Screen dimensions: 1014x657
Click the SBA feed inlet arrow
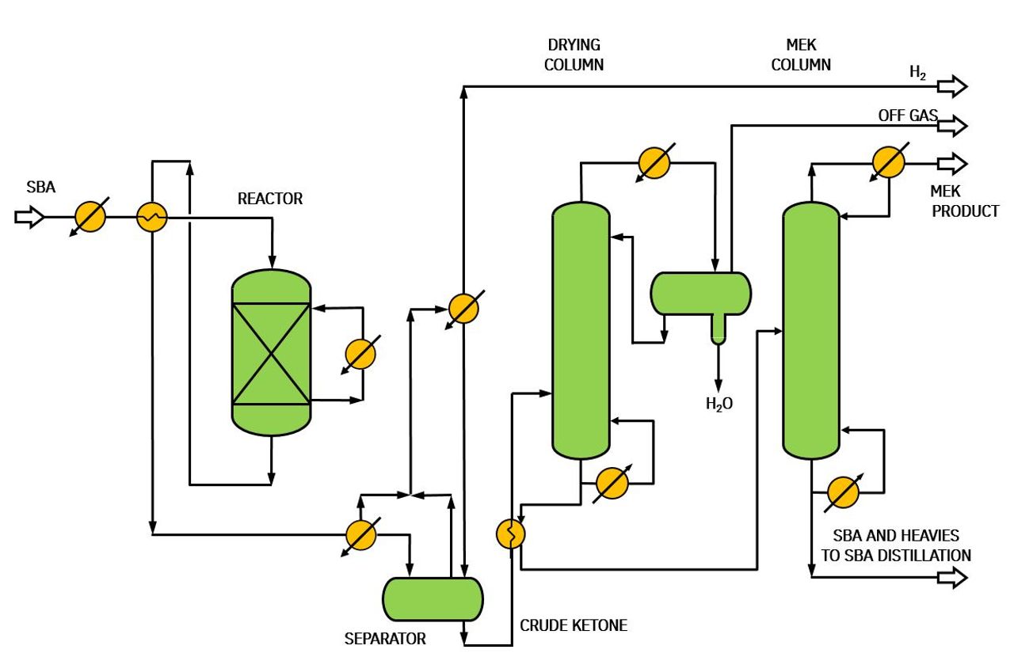29,217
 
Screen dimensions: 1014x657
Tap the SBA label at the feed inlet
40,187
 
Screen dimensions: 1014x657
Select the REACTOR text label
270,199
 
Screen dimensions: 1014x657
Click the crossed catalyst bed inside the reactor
271,353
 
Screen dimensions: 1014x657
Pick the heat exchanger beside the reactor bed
360,355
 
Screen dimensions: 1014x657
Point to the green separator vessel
433,599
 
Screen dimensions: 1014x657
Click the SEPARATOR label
385,639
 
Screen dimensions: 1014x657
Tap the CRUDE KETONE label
574,625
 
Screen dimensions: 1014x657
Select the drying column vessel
581,330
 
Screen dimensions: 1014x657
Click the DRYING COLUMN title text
574,55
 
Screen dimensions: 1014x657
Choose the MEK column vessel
811,330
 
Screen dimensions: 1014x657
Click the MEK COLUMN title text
801,55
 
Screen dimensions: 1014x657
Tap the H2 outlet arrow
952,86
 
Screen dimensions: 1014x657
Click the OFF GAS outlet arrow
952,125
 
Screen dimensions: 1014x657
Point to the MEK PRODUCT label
965,201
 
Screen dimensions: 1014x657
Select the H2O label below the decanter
719,404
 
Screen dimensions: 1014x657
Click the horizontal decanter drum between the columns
701,294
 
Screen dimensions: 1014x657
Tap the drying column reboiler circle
612,484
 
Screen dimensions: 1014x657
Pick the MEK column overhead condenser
889,162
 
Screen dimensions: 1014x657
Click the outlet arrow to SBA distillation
952,577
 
